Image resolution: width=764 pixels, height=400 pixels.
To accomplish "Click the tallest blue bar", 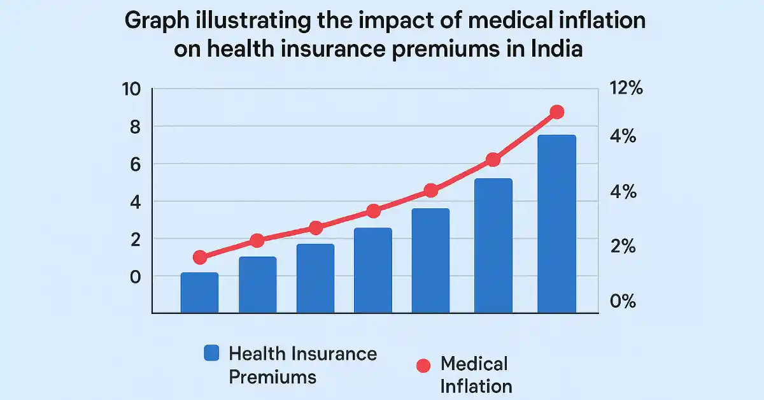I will click(556, 223).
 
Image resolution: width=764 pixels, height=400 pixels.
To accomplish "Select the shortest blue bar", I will click(199, 293).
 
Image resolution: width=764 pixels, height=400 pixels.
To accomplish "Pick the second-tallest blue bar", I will click(493, 245).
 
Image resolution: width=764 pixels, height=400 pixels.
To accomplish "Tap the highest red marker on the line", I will click(556, 112).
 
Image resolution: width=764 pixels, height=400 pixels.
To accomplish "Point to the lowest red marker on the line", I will click(200, 257).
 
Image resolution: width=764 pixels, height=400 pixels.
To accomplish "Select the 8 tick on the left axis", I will click(133, 127).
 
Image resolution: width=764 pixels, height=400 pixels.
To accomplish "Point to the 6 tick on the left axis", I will click(133, 164).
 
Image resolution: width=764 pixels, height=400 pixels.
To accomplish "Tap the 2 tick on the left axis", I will click(133, 239).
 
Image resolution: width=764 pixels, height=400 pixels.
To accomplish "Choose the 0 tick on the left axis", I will click(133, 276).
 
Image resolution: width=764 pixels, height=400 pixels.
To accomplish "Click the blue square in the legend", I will click(211, 354).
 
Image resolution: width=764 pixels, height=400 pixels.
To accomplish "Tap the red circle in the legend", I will click(423, 366).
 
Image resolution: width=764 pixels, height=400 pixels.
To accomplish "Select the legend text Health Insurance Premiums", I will click(302, 365).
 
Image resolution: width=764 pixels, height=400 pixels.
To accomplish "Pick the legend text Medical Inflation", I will click(476, 375).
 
